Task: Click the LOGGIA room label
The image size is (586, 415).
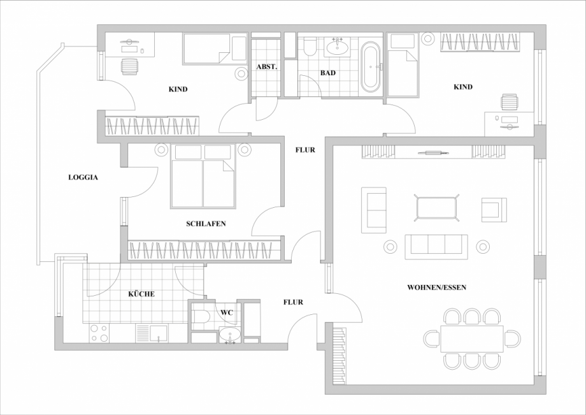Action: [x=83, y=178]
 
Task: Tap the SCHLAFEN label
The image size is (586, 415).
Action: [x=206, y=224]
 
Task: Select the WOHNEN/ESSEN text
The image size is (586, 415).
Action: [x=436, y=288]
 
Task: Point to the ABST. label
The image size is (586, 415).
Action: [x=266, y=67]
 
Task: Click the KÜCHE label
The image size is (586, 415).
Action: [x=141, y=294]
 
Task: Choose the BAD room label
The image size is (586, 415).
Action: [x=327, y=73]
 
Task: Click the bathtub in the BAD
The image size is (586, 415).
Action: [x=369, y=66]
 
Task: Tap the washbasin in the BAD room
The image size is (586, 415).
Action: [x=337, y=47]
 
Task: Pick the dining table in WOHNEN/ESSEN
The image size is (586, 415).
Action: [x=471, y=339]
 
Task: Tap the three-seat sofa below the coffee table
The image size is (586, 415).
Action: [x=436, y=247]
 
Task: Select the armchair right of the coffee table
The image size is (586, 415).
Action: [x=494, y=209]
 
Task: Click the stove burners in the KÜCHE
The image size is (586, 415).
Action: [x=99, y=333]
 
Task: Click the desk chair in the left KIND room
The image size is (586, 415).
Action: [x=129, y=66]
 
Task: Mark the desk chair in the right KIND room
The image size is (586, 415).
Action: [x=510, y=102]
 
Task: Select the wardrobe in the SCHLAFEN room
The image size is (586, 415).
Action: [x=204, y=250]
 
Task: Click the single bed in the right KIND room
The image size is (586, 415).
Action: [x=403, y=67]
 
